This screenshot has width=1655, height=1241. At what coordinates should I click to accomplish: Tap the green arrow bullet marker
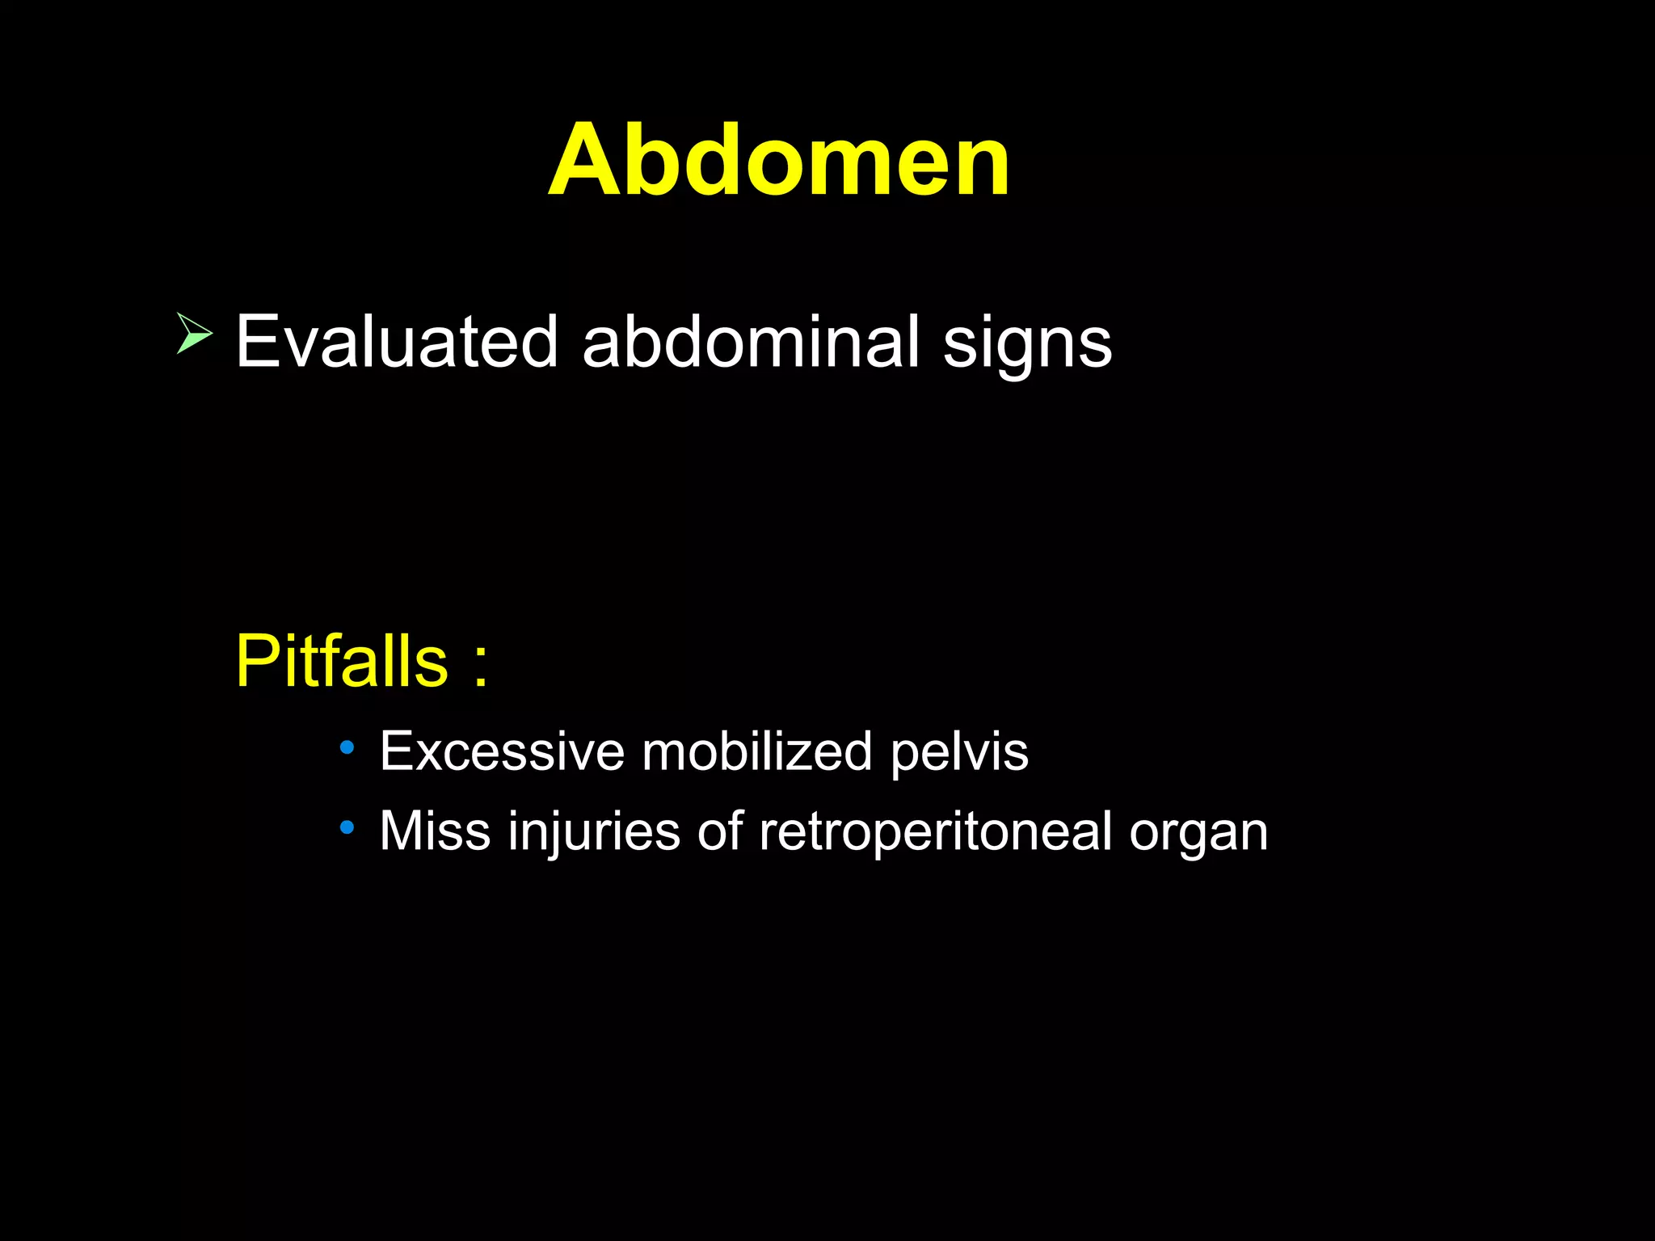pos(194,334)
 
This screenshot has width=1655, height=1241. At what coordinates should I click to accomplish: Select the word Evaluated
pos(397,342)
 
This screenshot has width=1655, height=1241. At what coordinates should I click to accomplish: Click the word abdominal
pos(751,342)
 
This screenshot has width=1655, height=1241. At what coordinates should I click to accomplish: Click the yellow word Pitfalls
pos(341,661)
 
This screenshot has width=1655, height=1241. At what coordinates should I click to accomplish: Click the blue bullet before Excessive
pos(347,747)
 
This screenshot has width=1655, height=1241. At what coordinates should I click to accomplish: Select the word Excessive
pos(502,751)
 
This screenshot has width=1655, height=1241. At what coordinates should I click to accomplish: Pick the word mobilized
pos(756,751)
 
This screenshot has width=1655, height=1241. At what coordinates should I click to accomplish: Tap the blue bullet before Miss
pos(347,827)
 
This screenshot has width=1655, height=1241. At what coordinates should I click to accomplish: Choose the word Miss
pos(435,831)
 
